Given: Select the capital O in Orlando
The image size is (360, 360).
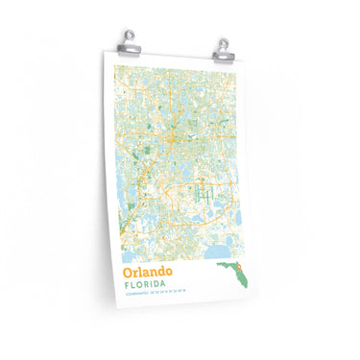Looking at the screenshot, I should tap(127, 275).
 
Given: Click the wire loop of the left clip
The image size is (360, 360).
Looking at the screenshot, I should tap(128, 34).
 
